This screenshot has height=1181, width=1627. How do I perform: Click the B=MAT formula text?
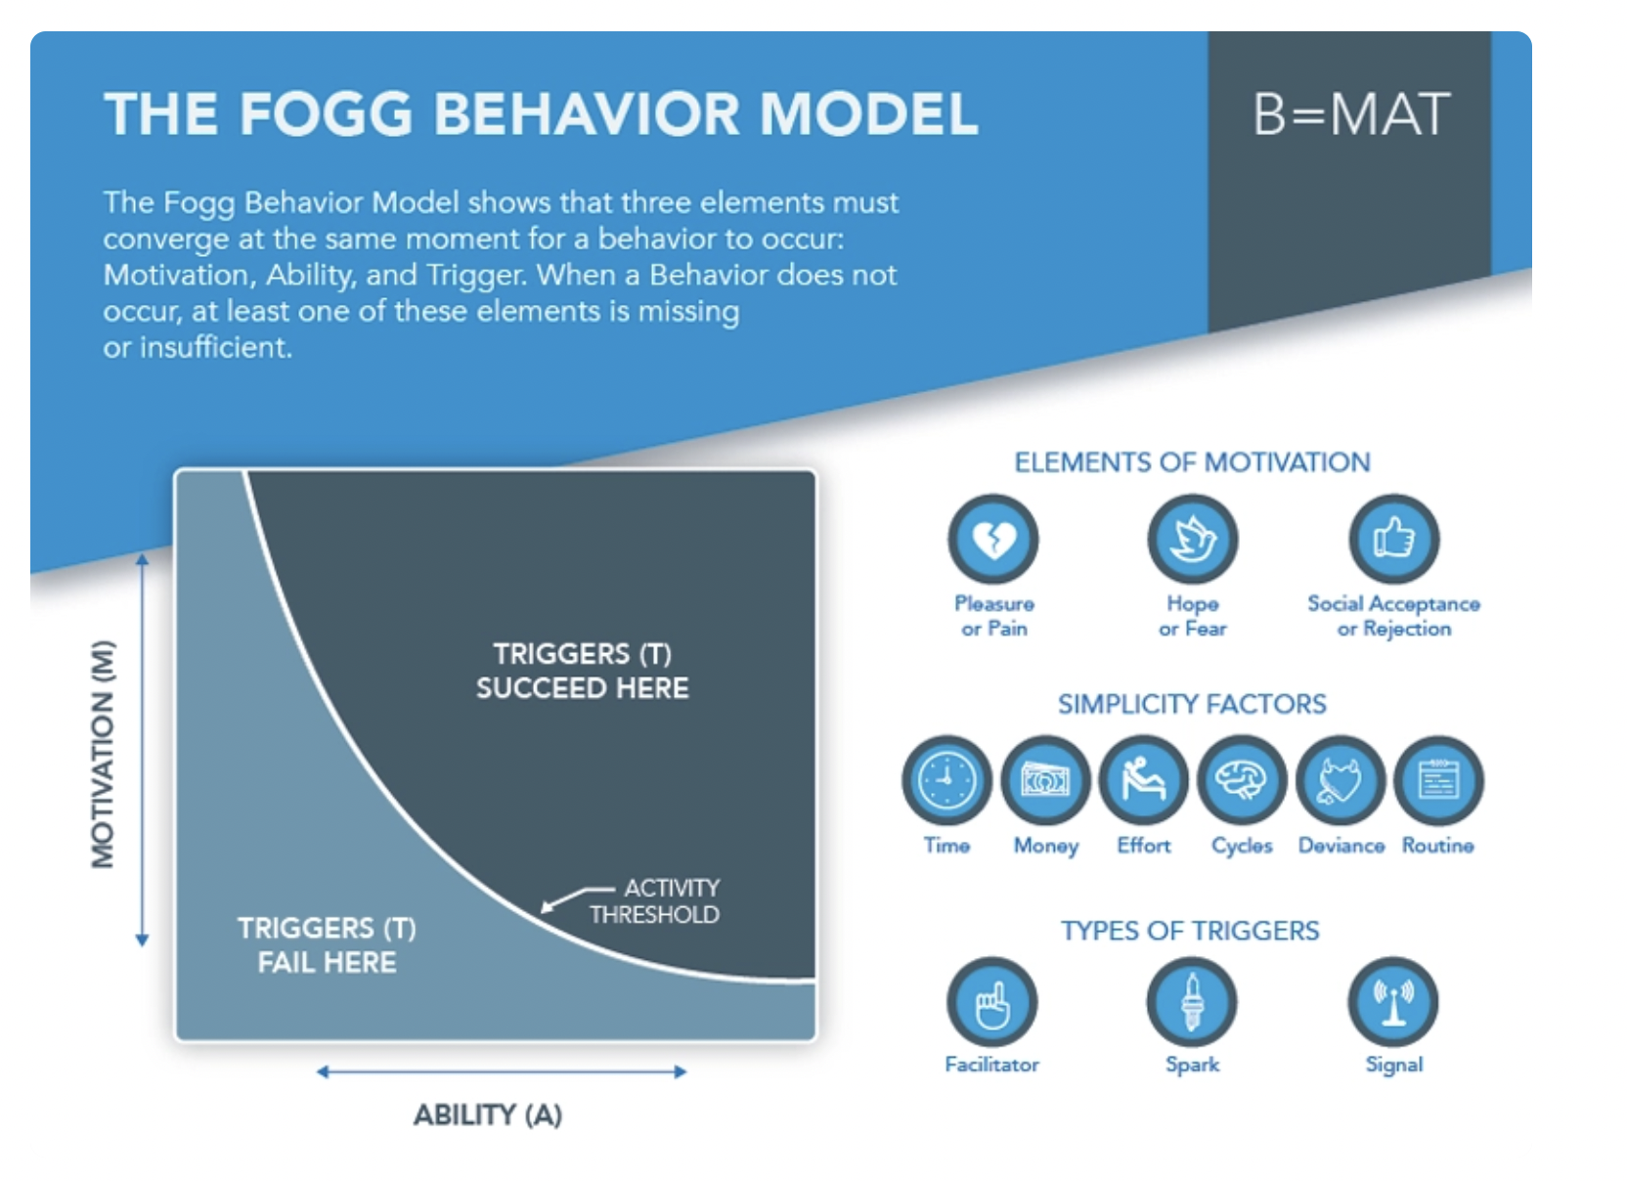tap(1351, 114)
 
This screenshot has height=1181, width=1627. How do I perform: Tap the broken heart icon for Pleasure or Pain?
tap(993, 539)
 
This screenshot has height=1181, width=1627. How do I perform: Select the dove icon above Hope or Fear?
tap(1193, 539)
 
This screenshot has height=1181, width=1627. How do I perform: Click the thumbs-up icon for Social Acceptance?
tap(1394, 539)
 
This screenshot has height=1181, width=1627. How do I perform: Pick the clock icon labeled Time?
tap(946, 781)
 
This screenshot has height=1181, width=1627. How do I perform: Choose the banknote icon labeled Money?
tap(1045, 781)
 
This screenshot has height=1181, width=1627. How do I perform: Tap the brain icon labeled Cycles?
tap(1242, 781)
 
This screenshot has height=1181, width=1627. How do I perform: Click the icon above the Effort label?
tap(1144, 781)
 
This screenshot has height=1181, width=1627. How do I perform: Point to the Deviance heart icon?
tap(1341, 781)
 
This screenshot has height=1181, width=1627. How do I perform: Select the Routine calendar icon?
tap(1438, 781)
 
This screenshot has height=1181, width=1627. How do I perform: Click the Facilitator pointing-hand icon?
tap(992, 1002)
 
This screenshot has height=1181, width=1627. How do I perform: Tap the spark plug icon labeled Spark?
tap(1192, 1002)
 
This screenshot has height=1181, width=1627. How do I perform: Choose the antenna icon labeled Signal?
tap(1393, 1002)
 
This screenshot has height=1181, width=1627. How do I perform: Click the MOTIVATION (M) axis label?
tap(103, 753)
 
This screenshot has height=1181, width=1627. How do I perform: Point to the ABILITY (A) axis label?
tap(487, 1115)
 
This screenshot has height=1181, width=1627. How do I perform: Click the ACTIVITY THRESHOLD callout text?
tap(655, 901)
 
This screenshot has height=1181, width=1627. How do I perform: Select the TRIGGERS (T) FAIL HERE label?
tap(327, 945)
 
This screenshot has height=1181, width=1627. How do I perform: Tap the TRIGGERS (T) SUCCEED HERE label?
tap(582, 671)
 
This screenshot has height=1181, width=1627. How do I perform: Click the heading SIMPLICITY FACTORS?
tap(1192, 704)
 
